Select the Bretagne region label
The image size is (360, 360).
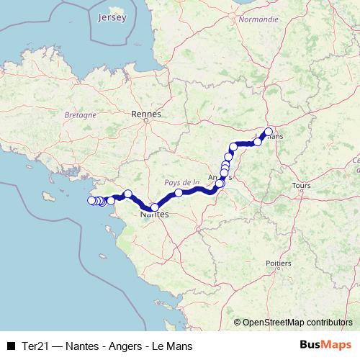(x=80, y=114)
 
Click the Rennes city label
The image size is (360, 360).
(x=146, y=113)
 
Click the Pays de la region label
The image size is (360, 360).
(x=181, y=183)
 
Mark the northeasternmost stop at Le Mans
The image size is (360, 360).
(x=269, y=132)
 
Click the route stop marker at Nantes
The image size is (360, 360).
(x=155, y=207)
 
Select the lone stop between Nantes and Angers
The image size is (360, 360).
(x=179, y=193)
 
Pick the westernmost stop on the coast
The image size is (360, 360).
(x=91, y=200)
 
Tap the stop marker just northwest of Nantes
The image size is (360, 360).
(x=127, y=193)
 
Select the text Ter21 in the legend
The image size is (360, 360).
(x=33, y=346)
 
